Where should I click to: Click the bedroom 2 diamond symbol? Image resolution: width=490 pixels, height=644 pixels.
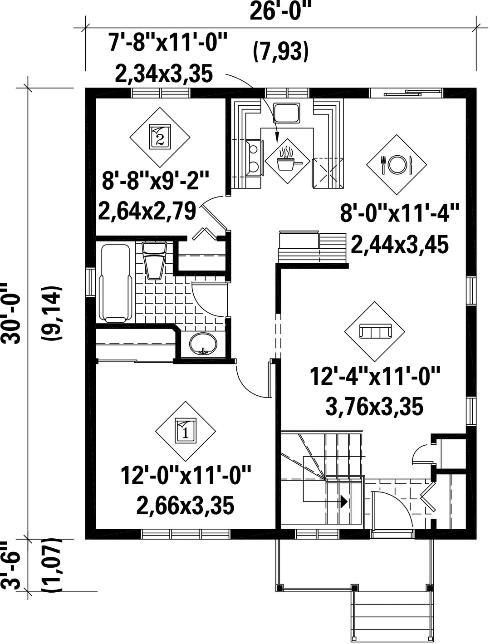coord(160,137)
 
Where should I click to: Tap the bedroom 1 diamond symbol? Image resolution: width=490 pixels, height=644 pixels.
coord(185,431)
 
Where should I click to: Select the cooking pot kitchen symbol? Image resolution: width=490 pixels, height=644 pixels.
coord(287,162)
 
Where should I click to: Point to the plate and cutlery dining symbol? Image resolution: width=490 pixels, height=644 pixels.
coord(397,164)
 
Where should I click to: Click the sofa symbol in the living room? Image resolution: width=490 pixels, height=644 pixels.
coord(374,331)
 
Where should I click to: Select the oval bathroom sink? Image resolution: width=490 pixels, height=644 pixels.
coord(203,344)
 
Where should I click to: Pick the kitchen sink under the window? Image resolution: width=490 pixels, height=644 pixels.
coord(286,113)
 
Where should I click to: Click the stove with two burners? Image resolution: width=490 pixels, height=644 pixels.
coord(255,158)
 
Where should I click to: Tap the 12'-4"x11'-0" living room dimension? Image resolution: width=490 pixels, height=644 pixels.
coord(375,378)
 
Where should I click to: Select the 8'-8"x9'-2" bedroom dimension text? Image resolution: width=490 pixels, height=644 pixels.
coord(156,180)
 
